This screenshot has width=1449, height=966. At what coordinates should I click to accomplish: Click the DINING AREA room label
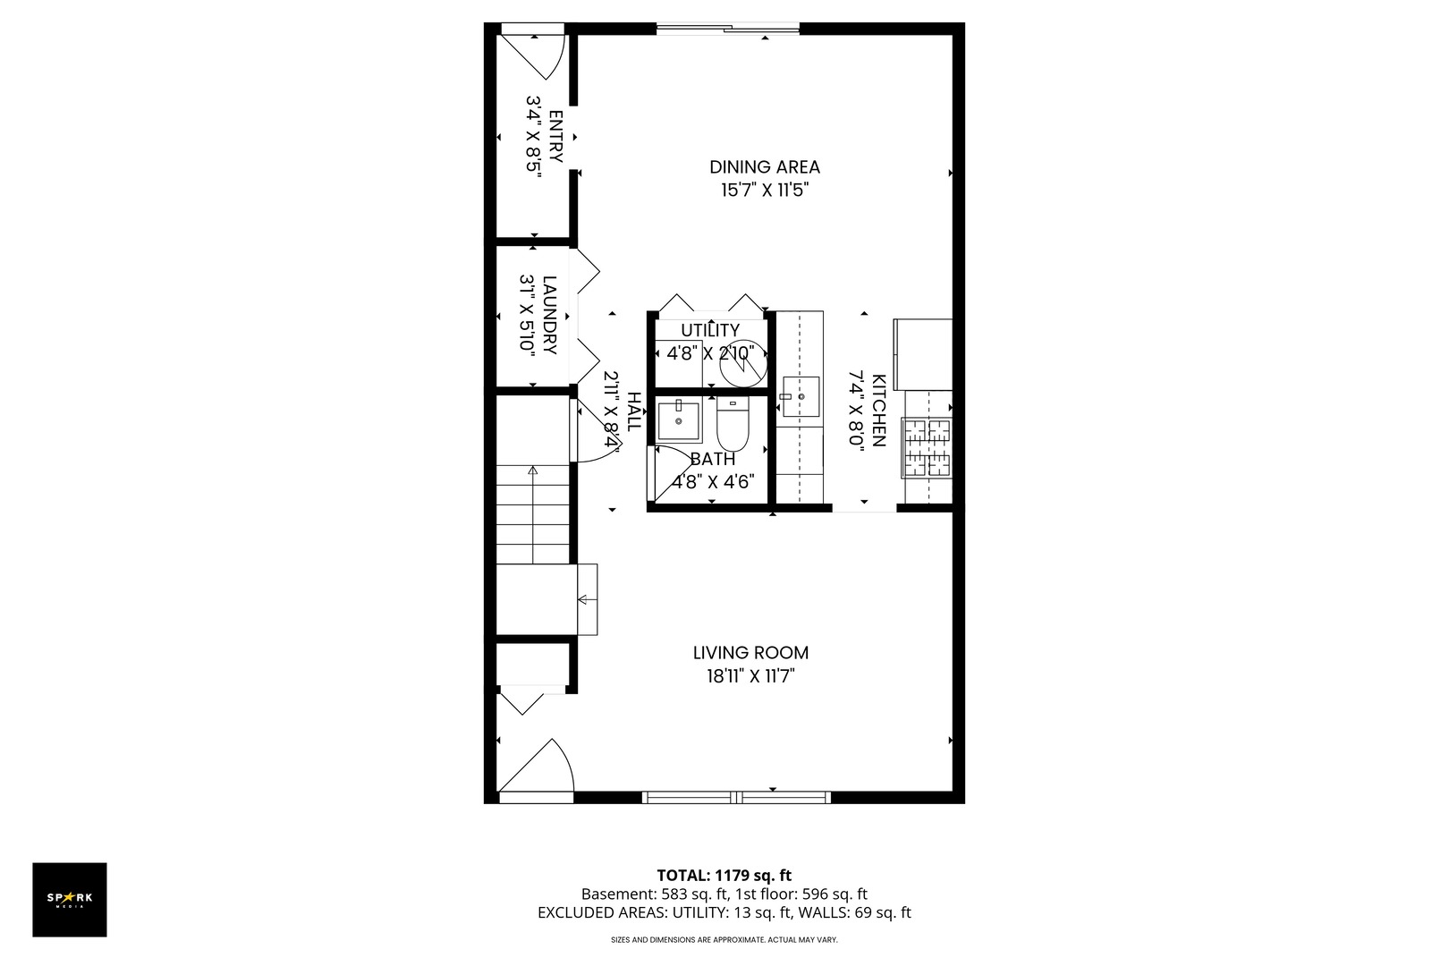click(x=765, y=167)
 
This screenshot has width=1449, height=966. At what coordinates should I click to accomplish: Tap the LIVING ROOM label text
click(x=750, y=653)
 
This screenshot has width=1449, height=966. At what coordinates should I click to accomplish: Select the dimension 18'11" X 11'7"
click(x=750, y=676)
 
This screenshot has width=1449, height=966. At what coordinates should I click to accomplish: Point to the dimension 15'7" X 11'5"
click(x=766, y=191)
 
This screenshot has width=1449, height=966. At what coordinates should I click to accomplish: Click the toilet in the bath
click(x=733, y=425)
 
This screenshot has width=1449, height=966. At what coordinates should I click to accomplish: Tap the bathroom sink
click(x=679, y=420)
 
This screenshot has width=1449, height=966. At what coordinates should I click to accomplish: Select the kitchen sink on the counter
click(x=801, y=396)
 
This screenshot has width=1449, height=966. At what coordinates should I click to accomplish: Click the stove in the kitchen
click(x=927, y=448)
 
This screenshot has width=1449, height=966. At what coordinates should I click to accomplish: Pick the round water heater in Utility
click(x=743, y=364)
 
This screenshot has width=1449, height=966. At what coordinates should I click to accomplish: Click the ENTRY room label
click(x=556, y=137)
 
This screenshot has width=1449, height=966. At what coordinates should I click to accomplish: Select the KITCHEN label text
click(x=878, y=411)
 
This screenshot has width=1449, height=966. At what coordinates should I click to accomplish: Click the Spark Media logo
click(x=70, y=899)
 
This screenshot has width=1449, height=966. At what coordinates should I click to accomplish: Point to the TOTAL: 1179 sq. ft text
click(x=724, y=876)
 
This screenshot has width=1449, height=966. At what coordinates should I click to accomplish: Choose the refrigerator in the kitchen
click(x=923, y=354)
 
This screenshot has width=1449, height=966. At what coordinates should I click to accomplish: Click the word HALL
click(x=634, y=411)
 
